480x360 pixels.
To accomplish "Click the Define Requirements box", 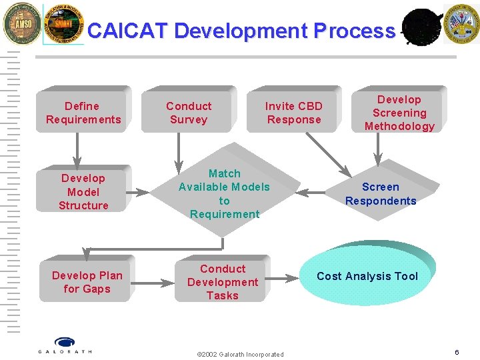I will coord(83,113).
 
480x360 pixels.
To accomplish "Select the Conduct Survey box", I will coord(189,113).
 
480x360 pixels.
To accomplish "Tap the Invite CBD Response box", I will coord(293,113).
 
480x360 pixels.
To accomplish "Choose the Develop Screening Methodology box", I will coord(399,113).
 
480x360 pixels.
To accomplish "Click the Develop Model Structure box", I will coord(83,192).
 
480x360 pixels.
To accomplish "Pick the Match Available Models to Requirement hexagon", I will coord(224,193).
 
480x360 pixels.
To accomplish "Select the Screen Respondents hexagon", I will coord(380,194).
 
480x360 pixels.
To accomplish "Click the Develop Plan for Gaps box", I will coord(87,282).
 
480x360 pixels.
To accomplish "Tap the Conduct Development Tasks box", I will coord(222,282).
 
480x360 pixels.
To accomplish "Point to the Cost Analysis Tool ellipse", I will coord(367,276).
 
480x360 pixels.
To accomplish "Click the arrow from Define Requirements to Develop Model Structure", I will coord(77,149).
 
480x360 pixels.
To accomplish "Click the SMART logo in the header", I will coord(63,24).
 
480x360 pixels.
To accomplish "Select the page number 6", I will coord(457,352).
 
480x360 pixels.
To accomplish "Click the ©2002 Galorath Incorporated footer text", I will coord(240,354).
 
